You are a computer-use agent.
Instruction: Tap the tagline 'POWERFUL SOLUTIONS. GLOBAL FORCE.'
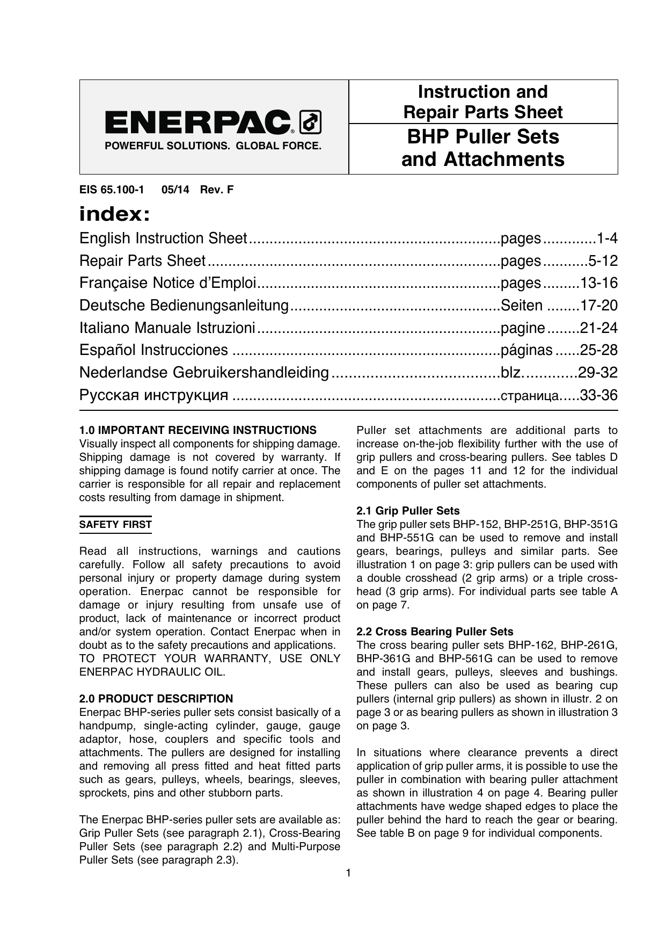tap(213, 146)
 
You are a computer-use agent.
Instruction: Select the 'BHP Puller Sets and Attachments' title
tap(483, 148)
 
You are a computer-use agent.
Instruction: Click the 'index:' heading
tap(114, 215)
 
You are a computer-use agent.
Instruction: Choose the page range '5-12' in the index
tap(603, 261)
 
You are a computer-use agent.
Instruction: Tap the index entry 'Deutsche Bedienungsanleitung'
tap(184, 306)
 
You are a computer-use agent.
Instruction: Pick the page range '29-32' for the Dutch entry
tap(597, 373)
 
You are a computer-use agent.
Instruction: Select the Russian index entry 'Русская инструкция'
tap(153, 395)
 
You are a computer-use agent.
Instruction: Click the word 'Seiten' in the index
tap(521, 306)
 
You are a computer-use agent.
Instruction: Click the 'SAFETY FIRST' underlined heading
tap(115, 525)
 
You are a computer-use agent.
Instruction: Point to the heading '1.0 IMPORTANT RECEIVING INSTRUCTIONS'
tap(198, 430)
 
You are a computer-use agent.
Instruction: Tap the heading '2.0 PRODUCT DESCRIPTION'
tap(156, 699)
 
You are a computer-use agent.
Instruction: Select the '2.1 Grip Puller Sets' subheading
tap(408, 511)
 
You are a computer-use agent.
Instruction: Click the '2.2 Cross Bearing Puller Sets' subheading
tap(435, 632)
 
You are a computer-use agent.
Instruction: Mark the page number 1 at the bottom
tap(348, 873)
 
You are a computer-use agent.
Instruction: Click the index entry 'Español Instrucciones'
tap(153, 350)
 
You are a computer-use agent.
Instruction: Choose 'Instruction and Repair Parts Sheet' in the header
tap(483, 102)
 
